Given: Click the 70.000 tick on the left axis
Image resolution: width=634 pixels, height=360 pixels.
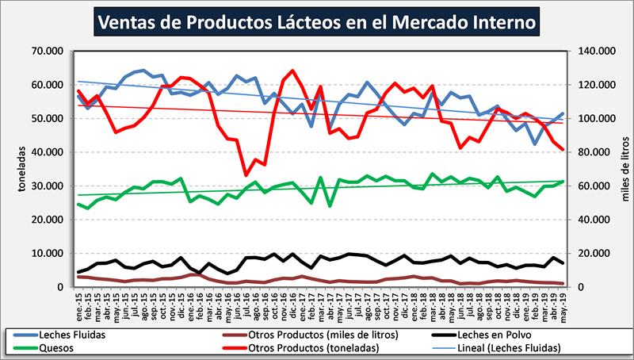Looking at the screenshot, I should (x=48, y=52).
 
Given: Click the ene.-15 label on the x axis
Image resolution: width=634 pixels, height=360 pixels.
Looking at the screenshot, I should (x=79, y=303).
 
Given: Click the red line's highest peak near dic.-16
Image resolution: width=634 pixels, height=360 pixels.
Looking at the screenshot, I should (x=293, y=71).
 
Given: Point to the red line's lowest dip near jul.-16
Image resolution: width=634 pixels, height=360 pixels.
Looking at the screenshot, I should (x=246, y=175).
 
